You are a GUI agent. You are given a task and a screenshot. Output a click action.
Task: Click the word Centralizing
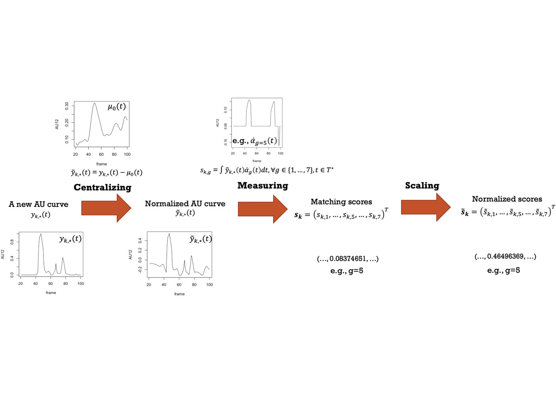pyautogui.click(x=103, y=188)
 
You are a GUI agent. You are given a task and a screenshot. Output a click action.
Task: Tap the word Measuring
pyautogui.click(x=263, y=186)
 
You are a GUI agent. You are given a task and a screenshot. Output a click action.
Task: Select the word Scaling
pyautogui.click(x=422, y=186)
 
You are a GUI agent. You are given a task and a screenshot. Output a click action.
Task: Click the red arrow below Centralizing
pyautogui.click(x=106, y=208)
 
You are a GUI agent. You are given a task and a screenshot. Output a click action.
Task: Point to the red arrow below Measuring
pyautogui.click(x=263, y=209)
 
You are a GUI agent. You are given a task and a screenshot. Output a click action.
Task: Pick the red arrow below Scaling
pyautogui.click(x=426, y=207)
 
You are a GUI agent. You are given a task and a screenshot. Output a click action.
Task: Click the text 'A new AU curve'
pyautogui.click(x=38, y=204)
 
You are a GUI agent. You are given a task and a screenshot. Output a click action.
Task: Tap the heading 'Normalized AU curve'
pyautogui.click(x=185, y=204)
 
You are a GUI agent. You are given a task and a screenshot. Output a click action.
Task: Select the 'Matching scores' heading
pyautogui.click(x=341, y=202)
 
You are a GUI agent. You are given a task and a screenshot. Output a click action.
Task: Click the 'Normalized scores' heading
pyautogui.click(x=507, y=199)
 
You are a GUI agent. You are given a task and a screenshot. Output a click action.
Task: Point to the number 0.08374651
pyautogui.click(x=348, y=259)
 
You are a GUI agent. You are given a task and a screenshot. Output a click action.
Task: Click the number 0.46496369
pyautogui.click(x=505, y=256)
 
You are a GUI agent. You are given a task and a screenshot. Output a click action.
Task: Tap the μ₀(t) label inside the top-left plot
pyautogui.click(x=117, y=107)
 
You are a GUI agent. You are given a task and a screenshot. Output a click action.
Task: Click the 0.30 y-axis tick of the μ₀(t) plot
pyautogui.click(x=67, y=106)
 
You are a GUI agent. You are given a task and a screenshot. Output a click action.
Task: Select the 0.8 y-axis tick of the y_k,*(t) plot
pyautogui.click(x=12, y=242)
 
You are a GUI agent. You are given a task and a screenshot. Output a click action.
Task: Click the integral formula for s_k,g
pyautogui.click(x=267, y=170)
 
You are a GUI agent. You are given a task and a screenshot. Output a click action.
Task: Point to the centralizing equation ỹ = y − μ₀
pyautogui.click(x=107, y=173)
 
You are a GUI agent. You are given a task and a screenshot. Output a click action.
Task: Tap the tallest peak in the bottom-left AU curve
pyautogui.click(x=41, y=234)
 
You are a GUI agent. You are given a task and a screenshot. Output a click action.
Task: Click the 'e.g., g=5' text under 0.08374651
pyautogui.click(x=347, y=271)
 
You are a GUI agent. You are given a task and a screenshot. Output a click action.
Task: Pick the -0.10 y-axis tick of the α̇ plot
pyautogui.click(x=225, y=143)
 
